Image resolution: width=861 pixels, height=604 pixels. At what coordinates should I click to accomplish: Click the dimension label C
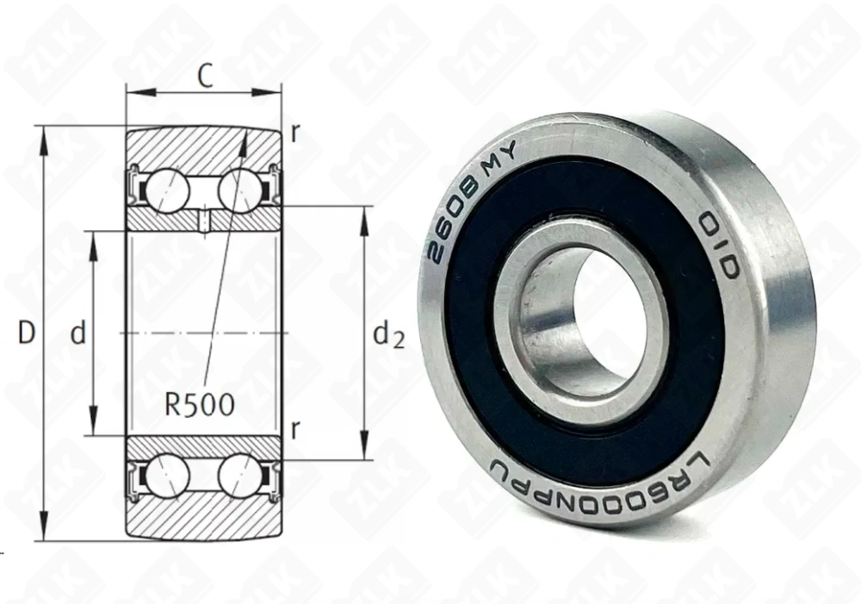[x=205, y=77]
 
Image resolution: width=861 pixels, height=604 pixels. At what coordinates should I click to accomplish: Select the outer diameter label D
[x=27, y=333]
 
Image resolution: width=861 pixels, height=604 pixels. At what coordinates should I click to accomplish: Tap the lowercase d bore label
[x=78, y=333]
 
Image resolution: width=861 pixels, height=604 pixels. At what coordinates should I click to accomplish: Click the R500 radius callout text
[x=199, y=404]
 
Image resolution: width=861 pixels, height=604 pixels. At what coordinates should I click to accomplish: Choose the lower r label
[x=295, y=431]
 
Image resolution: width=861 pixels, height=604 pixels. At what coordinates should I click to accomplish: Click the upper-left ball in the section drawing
[x=167, y=190]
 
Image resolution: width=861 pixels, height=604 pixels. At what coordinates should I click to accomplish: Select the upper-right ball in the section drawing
[x=239, y=190]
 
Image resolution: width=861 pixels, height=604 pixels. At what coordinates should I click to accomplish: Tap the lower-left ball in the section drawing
[x=167, y=476]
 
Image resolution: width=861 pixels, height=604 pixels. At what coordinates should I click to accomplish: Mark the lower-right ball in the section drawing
[x=239, y=476]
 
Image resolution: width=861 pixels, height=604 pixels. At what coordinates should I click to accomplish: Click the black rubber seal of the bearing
[x=482, y=370]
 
